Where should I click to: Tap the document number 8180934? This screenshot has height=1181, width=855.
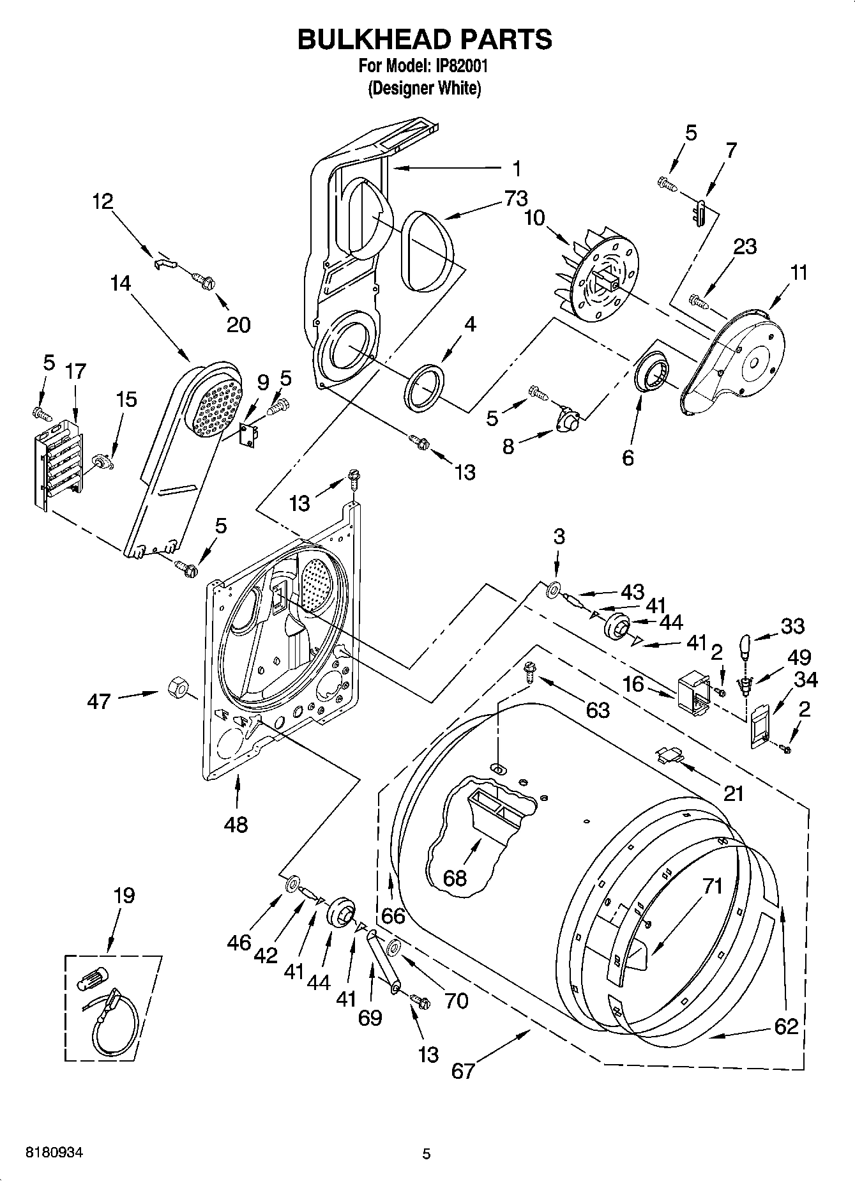point(54,1154)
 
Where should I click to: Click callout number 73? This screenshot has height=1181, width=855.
point(516,199)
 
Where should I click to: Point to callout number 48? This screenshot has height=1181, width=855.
point(236,825)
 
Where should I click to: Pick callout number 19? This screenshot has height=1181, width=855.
point(124,895)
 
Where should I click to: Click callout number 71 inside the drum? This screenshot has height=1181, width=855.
point(713,886)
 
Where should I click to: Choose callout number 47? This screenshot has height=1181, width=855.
point(99,701)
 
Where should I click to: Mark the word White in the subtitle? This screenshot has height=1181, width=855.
point(458,88)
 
